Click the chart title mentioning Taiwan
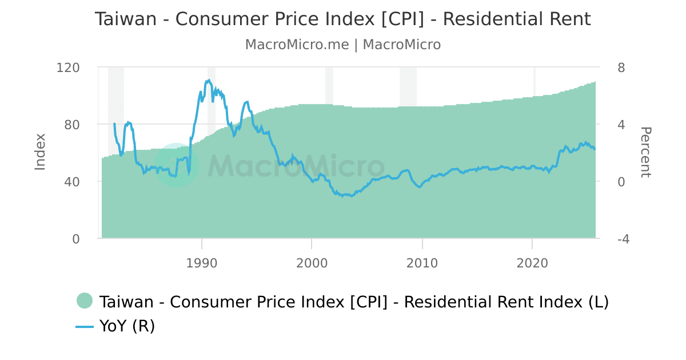point(342,19)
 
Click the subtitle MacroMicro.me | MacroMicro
point(342,45)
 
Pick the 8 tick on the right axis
point(621,67)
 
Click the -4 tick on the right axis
point(624,239)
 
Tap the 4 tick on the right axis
point(621,125)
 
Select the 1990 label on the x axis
point(201,263)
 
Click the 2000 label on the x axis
point(312,263)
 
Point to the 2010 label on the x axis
point(422,263)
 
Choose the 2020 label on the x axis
point(532,263)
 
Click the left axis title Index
point(40,152)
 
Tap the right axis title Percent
point(645,153)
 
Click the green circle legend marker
point(85,301)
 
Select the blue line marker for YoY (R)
point(85,326)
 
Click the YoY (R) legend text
point(127,326)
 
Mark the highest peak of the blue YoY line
point(209,80)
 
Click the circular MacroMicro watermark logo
point(177,165)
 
